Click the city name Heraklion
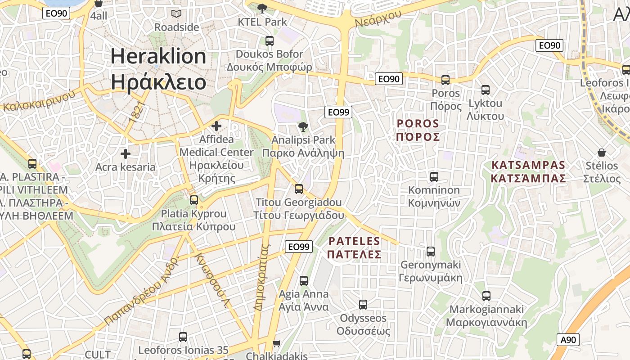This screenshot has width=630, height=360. (158, 56)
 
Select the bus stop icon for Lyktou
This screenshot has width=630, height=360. (486, 90)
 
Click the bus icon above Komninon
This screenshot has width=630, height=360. (434, 177)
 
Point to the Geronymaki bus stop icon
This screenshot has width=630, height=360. (431, 252)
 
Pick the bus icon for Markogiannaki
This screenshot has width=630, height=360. (486, 296)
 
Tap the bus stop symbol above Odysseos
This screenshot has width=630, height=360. (363, 305)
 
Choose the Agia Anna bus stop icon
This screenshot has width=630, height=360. (304, 281)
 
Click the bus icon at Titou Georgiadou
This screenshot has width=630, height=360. (299, 189)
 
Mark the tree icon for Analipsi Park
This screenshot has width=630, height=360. (303, 127)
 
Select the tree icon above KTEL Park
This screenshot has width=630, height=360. (262, 8)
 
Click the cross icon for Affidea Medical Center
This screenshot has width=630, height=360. (216, 126)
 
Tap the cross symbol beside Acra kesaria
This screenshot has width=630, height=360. (126, 154)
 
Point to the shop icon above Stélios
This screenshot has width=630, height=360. (601, 153)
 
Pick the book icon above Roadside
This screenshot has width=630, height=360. (176, 13)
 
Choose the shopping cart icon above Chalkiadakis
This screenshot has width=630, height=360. (277, 343)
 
